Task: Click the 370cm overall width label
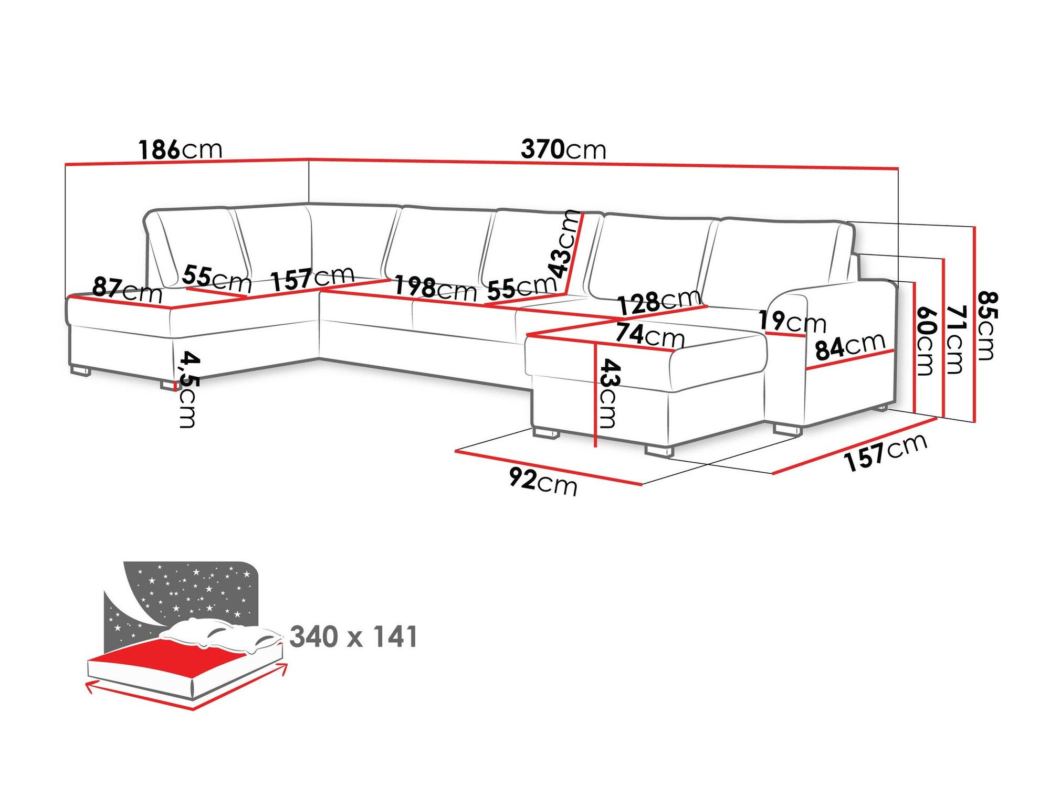click(563, 150)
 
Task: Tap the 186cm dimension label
click(180, 150)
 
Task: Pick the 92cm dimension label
click(543, 481)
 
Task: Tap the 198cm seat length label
click(435, 288)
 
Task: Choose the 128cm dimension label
click(658, 302)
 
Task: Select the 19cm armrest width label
click(792, 321)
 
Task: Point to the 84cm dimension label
click(849, 346)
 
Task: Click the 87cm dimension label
click(127, 290)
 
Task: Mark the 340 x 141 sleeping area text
click(353, 636)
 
